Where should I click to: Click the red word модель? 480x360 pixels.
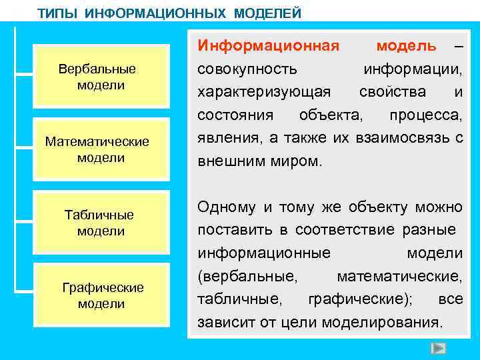tap(406, 45)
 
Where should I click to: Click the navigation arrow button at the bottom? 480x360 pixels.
tap(437, 349)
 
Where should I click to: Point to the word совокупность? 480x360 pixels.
tap(247, 69)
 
